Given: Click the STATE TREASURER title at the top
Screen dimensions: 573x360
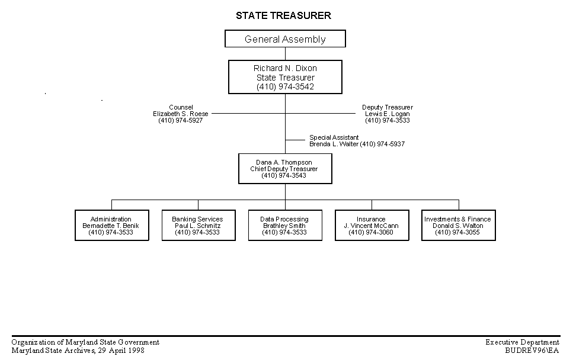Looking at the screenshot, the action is coord(283,15).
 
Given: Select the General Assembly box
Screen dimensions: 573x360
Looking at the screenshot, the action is coord(285,38).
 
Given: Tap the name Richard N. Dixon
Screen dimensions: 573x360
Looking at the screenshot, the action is coord(285,68).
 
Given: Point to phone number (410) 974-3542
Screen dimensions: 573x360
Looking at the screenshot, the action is coord(285,86).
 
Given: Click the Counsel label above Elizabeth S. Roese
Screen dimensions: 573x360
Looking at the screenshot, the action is coord(181,107).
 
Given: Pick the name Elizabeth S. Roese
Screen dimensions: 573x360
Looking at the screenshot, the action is coord(181,114).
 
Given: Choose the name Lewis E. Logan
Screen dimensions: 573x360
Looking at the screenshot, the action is coord(388,114).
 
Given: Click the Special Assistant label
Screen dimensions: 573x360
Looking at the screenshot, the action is coord(334,137).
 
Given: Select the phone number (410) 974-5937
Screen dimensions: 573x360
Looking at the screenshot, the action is coord(382,144).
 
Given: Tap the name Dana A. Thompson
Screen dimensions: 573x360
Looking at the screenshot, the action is coord(284,162).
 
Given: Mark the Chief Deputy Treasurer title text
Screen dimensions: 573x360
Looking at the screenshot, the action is coord(284,169).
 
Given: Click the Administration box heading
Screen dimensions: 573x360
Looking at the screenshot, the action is coord(111,219).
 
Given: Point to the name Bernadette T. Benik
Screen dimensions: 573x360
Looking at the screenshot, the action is coord(111,226).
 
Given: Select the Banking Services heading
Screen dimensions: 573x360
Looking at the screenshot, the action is coord(197,219).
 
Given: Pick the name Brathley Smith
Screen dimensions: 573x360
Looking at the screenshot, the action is coord(284,226).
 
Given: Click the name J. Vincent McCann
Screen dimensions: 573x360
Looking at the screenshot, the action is coord(371,226).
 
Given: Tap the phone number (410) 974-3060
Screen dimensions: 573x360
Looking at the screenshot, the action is coord(371,232).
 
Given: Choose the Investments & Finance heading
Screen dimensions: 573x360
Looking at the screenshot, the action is coord(457,219).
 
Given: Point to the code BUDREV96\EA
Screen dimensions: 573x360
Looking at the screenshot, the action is coord(532,351).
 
